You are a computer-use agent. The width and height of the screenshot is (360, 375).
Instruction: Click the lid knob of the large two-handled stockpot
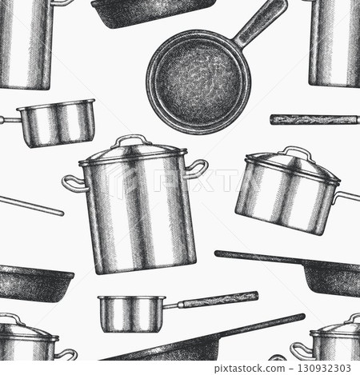pos(131,140)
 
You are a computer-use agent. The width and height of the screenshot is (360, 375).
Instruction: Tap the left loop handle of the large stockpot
pos(74,184)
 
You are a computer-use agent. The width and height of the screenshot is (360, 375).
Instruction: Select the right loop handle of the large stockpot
pos(197,169)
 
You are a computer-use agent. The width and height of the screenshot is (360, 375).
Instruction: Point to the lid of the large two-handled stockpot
pos(133,152)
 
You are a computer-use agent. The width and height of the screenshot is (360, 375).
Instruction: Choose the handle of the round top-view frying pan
pos(260,22)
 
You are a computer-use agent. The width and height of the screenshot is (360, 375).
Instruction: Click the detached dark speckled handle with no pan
pos(314,119)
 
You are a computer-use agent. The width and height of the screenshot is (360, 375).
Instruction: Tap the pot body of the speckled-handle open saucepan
pos(131,313)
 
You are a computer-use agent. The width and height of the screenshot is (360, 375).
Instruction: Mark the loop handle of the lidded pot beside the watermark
pos(299,349)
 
